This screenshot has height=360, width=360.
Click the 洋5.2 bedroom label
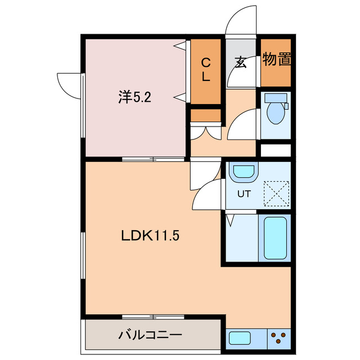(x=134, y=97)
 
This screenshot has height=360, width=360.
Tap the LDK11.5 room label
(x=151, y=236)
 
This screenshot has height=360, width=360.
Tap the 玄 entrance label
(x=241, y=62)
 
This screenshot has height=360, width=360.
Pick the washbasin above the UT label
(x=244, y=172)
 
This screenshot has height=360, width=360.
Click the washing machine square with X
(x=277, y=192)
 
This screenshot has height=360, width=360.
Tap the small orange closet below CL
(x=205, y=115)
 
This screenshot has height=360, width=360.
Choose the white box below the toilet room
(x=276, y=151)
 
